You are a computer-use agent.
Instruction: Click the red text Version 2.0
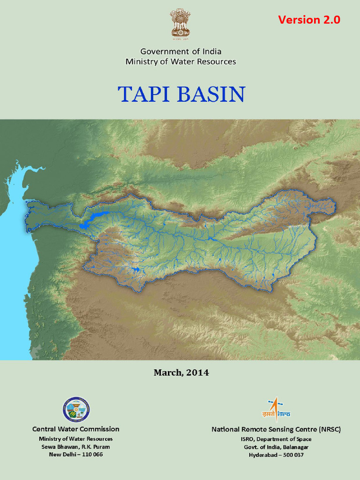(x=309, y=20)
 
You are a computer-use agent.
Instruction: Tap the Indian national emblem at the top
(x=180, y=23)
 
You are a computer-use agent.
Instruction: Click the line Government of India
(x=180, y=52)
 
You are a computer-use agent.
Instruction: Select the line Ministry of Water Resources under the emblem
(x=180, y=61)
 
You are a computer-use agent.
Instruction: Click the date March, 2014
(x=181, y=373)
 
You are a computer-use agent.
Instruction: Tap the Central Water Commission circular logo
(x=76, y=410)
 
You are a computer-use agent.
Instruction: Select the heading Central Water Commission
(x=76, y=429)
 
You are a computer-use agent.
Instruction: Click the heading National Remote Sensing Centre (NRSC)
(x=276, y=429)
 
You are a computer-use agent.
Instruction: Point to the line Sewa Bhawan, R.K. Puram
(x=76, y=447)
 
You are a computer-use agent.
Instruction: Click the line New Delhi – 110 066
(x=76, y=455)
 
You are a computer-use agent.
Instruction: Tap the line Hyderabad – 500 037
(x=276, y=455)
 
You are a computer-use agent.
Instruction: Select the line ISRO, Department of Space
(x=276, y=439)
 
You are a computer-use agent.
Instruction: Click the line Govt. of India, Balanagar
(x=276, y=447)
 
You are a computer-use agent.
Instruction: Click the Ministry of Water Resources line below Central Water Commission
(x=76, y=439)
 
